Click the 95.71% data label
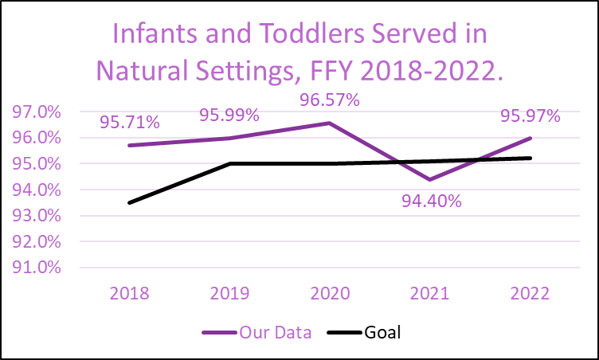[x=130, y=123]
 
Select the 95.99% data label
[x=229, y=115]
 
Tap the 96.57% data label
[x=329, y=100]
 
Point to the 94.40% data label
[x=431, y=201]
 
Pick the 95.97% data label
[x=530, y=115]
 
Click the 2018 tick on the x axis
[x=129, y=293]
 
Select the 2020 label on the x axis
[x=330, y=293]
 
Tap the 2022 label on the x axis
[x=530, y=293]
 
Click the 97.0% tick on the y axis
[x=38, y=112]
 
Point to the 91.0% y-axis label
[x=38, y=268]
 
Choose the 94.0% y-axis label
[x=38, y=190]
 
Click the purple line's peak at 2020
[x=330, y=123]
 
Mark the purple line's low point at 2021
[x=430, y=179]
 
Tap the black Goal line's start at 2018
[x=129, y=202]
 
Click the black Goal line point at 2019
[x=229, y=163]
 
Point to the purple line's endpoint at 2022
[x=530, y=139]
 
